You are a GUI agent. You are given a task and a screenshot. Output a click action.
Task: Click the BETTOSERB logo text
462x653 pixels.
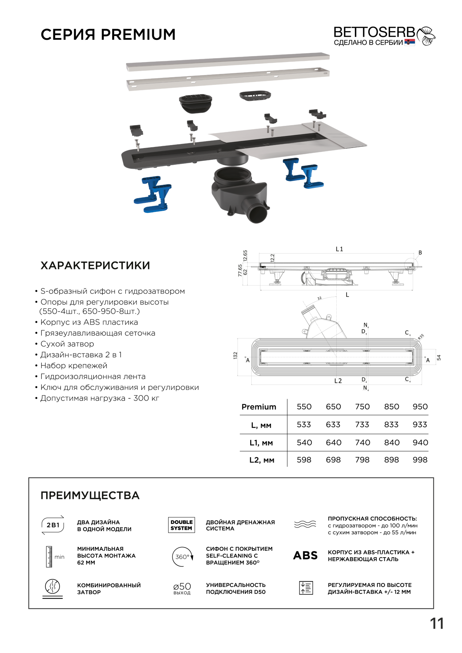(374, 32)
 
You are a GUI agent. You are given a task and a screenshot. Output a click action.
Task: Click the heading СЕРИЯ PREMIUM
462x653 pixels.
(108, 34)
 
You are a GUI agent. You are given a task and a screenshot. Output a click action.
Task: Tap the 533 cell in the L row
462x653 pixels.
(304, 424)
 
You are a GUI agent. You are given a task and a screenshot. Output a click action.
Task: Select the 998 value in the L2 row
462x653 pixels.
(420, 460)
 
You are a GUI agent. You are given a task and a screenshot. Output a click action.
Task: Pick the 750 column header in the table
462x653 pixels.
(362, 407)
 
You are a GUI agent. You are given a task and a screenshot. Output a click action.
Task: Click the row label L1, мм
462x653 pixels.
(261, 443)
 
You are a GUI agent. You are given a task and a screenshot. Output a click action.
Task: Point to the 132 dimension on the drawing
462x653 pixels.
(235, 356)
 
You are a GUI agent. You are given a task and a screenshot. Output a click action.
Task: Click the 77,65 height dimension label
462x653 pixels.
(240, 270)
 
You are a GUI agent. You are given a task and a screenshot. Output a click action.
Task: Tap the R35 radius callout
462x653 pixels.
(421, 337)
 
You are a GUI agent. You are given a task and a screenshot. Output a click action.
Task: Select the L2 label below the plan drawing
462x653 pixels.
(338, 381)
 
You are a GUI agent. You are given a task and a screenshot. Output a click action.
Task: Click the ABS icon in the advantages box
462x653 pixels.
(305, 555)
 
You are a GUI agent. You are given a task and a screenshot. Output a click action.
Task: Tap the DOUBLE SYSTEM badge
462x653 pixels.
(181, 525)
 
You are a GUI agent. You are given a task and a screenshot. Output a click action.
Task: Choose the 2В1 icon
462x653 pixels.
(53, 525)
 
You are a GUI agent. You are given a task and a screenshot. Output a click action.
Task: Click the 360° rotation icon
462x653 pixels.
(182, 557)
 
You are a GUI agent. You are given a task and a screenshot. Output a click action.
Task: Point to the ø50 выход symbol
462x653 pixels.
(182, 588)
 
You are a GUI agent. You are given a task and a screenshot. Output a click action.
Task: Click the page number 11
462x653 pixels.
(437, 624)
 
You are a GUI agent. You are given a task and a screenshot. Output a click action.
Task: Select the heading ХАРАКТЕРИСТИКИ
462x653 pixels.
(95, 266)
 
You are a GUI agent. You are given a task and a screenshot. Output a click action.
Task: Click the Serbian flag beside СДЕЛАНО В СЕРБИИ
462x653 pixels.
(410, 42)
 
